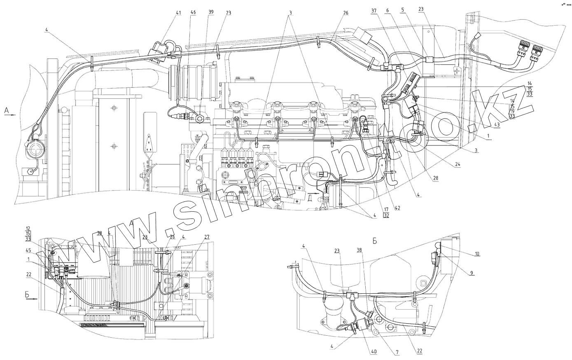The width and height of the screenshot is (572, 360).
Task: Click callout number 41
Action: coord(178,13)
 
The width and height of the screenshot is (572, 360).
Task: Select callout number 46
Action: coord(193,13)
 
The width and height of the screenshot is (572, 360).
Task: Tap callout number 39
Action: coord(210,13)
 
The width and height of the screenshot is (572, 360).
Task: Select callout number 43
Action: coord(497,125)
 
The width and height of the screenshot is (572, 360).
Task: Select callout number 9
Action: coord(471,272)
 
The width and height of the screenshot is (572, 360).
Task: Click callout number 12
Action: coord(28,228)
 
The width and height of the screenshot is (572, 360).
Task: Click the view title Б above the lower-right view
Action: coord(375,241)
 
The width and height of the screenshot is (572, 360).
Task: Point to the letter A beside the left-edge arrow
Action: coord(6,110)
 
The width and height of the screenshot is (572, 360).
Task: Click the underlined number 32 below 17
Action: coord(386,215)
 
